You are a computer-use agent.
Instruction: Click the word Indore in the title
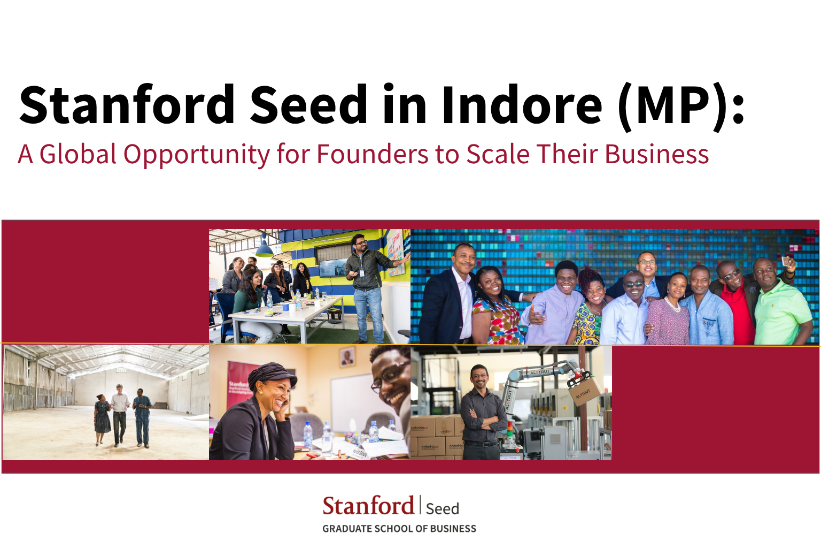click(x=522, y=105)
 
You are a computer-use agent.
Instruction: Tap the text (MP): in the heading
click(x=680, y=106)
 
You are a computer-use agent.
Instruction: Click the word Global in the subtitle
click(x=78, y=154)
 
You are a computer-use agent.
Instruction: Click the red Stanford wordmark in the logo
click(x=368, y=506)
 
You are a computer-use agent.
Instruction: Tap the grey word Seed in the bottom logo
click(x=442, y=508)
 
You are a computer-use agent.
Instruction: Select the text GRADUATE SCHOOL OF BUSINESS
click(x=399, y=529)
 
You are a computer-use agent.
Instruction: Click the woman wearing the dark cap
click(x=262, y=412)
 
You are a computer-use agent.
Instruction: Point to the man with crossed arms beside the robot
click(x=482, y=415)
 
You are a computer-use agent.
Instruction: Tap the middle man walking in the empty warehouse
click(x=120, y=415)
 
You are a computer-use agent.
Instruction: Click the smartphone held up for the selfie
click(x=786, y=262)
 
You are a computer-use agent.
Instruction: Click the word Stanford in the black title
click(x=127, y=105)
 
